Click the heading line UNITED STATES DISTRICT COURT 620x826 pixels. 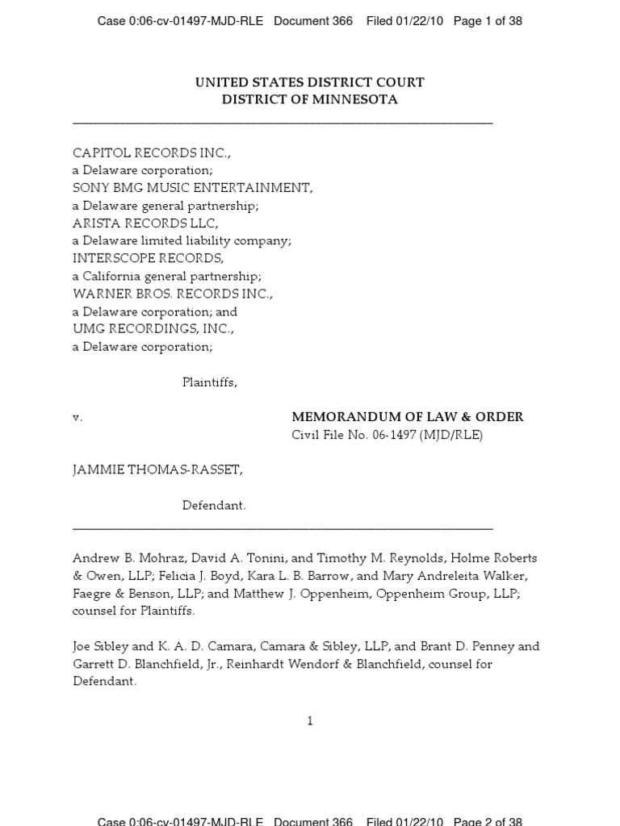coord(309,82)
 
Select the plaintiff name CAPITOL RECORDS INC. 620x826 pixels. coord(151,153)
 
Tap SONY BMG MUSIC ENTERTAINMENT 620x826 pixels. coord(192,188)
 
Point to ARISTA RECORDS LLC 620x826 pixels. coord(145,223)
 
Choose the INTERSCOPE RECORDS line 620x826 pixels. coord(148,259)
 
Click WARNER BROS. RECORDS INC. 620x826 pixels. coord(173,294)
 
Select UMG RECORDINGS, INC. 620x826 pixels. coord(153,329)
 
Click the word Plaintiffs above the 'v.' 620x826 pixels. coord(209,382)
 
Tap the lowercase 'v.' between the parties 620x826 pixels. coord(77,418)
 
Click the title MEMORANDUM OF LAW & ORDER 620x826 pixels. coord(407,417)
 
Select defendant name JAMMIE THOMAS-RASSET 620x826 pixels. coord(157,470)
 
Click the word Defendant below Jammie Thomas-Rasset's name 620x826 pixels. coord(214,506)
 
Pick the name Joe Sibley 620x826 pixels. coord(101,646)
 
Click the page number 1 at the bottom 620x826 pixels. coord(310,720)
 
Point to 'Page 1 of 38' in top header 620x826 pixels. coord(488,21)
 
